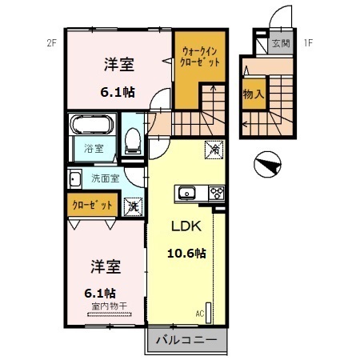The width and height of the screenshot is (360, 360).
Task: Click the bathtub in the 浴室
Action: coord(92,124)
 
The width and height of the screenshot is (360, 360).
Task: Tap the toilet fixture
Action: coord(133,141)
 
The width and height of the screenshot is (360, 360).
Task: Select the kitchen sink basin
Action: coord(187,193)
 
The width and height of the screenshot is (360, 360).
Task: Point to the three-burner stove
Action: coord(217,193)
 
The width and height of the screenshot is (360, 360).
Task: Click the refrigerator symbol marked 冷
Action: coord(214,150)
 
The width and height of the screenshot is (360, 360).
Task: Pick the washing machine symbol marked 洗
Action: coord(134,206)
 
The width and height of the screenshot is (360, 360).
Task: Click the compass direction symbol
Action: coord(267,164)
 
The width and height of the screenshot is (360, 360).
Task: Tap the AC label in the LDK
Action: coord(200,314)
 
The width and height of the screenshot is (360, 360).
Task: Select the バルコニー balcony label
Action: coord(186,340)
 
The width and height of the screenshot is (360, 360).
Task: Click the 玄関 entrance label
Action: coord(281,43)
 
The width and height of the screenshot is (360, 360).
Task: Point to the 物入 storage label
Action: coord(254,94)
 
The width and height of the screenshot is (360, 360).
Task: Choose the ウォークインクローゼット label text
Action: coord(200,57)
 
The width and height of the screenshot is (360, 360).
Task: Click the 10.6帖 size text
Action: coord(186,253)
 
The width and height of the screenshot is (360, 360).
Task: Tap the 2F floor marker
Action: coord(52,42)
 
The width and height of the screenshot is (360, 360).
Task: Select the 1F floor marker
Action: coord(308,42)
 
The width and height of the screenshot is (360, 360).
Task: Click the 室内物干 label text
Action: coord(110,306)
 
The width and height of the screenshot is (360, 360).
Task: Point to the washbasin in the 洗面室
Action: coord(75,178)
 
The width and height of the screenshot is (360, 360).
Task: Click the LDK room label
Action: coord(186,226)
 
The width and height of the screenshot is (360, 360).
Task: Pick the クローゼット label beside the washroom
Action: coord(92,205)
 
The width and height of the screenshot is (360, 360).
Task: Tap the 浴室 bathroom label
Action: coord(94,149)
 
